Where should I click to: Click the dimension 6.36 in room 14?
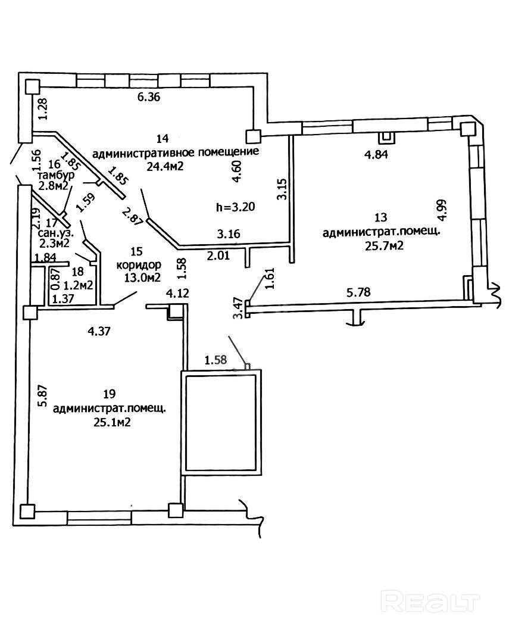(149, 98)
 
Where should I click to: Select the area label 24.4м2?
(164, 166)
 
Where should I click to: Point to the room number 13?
(381, 219)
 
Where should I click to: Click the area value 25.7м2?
(382, 245)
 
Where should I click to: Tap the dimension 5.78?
(360, 292)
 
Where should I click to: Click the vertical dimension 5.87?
(42, 395)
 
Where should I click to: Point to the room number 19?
(109, 394)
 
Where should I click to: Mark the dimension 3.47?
(237, 308)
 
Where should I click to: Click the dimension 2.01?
(218, 256)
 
